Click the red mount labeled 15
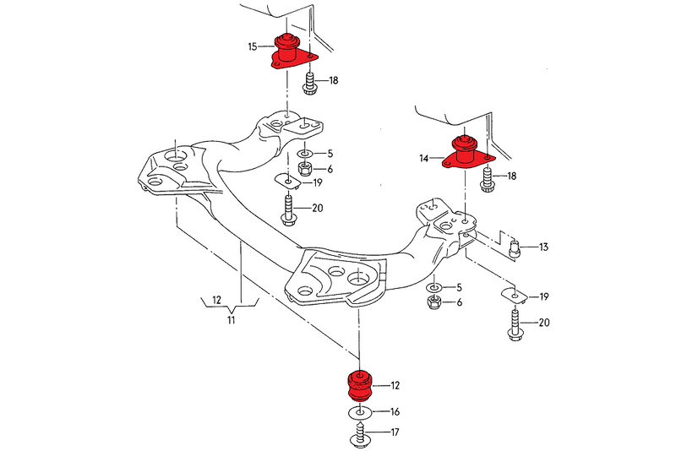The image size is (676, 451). (289, 52)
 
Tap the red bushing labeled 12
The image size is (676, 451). (358, 387)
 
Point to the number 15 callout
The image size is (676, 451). (253, 48)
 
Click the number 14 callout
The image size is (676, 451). (423, 158)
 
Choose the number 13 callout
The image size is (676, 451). (543, 247)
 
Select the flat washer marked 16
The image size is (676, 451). (359, 414)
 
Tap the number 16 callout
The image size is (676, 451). (395, 414)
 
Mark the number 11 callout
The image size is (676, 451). (231, 320)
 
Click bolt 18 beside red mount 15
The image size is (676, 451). (308, 84)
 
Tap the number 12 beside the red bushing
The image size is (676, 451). (395, 386)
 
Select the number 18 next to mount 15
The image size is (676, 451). (334, 81)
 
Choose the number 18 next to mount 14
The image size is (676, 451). (511, 176)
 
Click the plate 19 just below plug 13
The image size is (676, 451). (510, 295)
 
